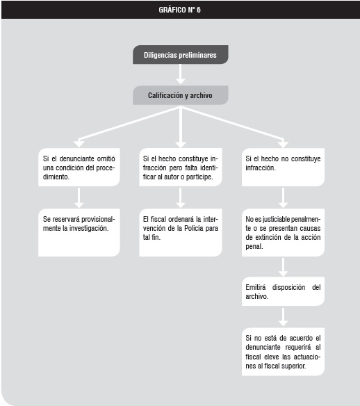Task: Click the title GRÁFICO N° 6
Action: (x=179, y=10)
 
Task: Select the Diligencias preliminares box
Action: (x=181, y=55)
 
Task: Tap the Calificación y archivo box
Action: (x=181, y=95)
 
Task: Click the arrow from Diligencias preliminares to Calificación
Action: (x=181, y=74)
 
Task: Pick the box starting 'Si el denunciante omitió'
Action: (x=79, y=167)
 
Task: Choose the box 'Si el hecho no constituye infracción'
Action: (x=283, y=167)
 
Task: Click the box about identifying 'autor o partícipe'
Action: (x=181, y=167)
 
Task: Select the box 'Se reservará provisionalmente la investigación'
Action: (x=79, y=232)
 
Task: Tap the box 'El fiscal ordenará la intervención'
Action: (x=181, y=232)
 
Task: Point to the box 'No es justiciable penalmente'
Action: (x=283, y=232)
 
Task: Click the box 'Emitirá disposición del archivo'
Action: (x=283, y=291)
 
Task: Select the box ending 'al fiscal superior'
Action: (x=283, y=352)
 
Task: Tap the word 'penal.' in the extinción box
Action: (x=254, y=247)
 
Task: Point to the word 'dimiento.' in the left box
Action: (x=56, y=177)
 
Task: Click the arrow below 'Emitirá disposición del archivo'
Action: (x=283, y=317)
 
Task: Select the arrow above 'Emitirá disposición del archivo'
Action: (x=283, y=267)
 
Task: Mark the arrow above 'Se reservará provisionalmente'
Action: (x=79, y=198)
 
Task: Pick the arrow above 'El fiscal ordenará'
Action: (x=181, y=198)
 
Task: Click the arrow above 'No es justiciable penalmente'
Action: (x=283, y=198)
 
